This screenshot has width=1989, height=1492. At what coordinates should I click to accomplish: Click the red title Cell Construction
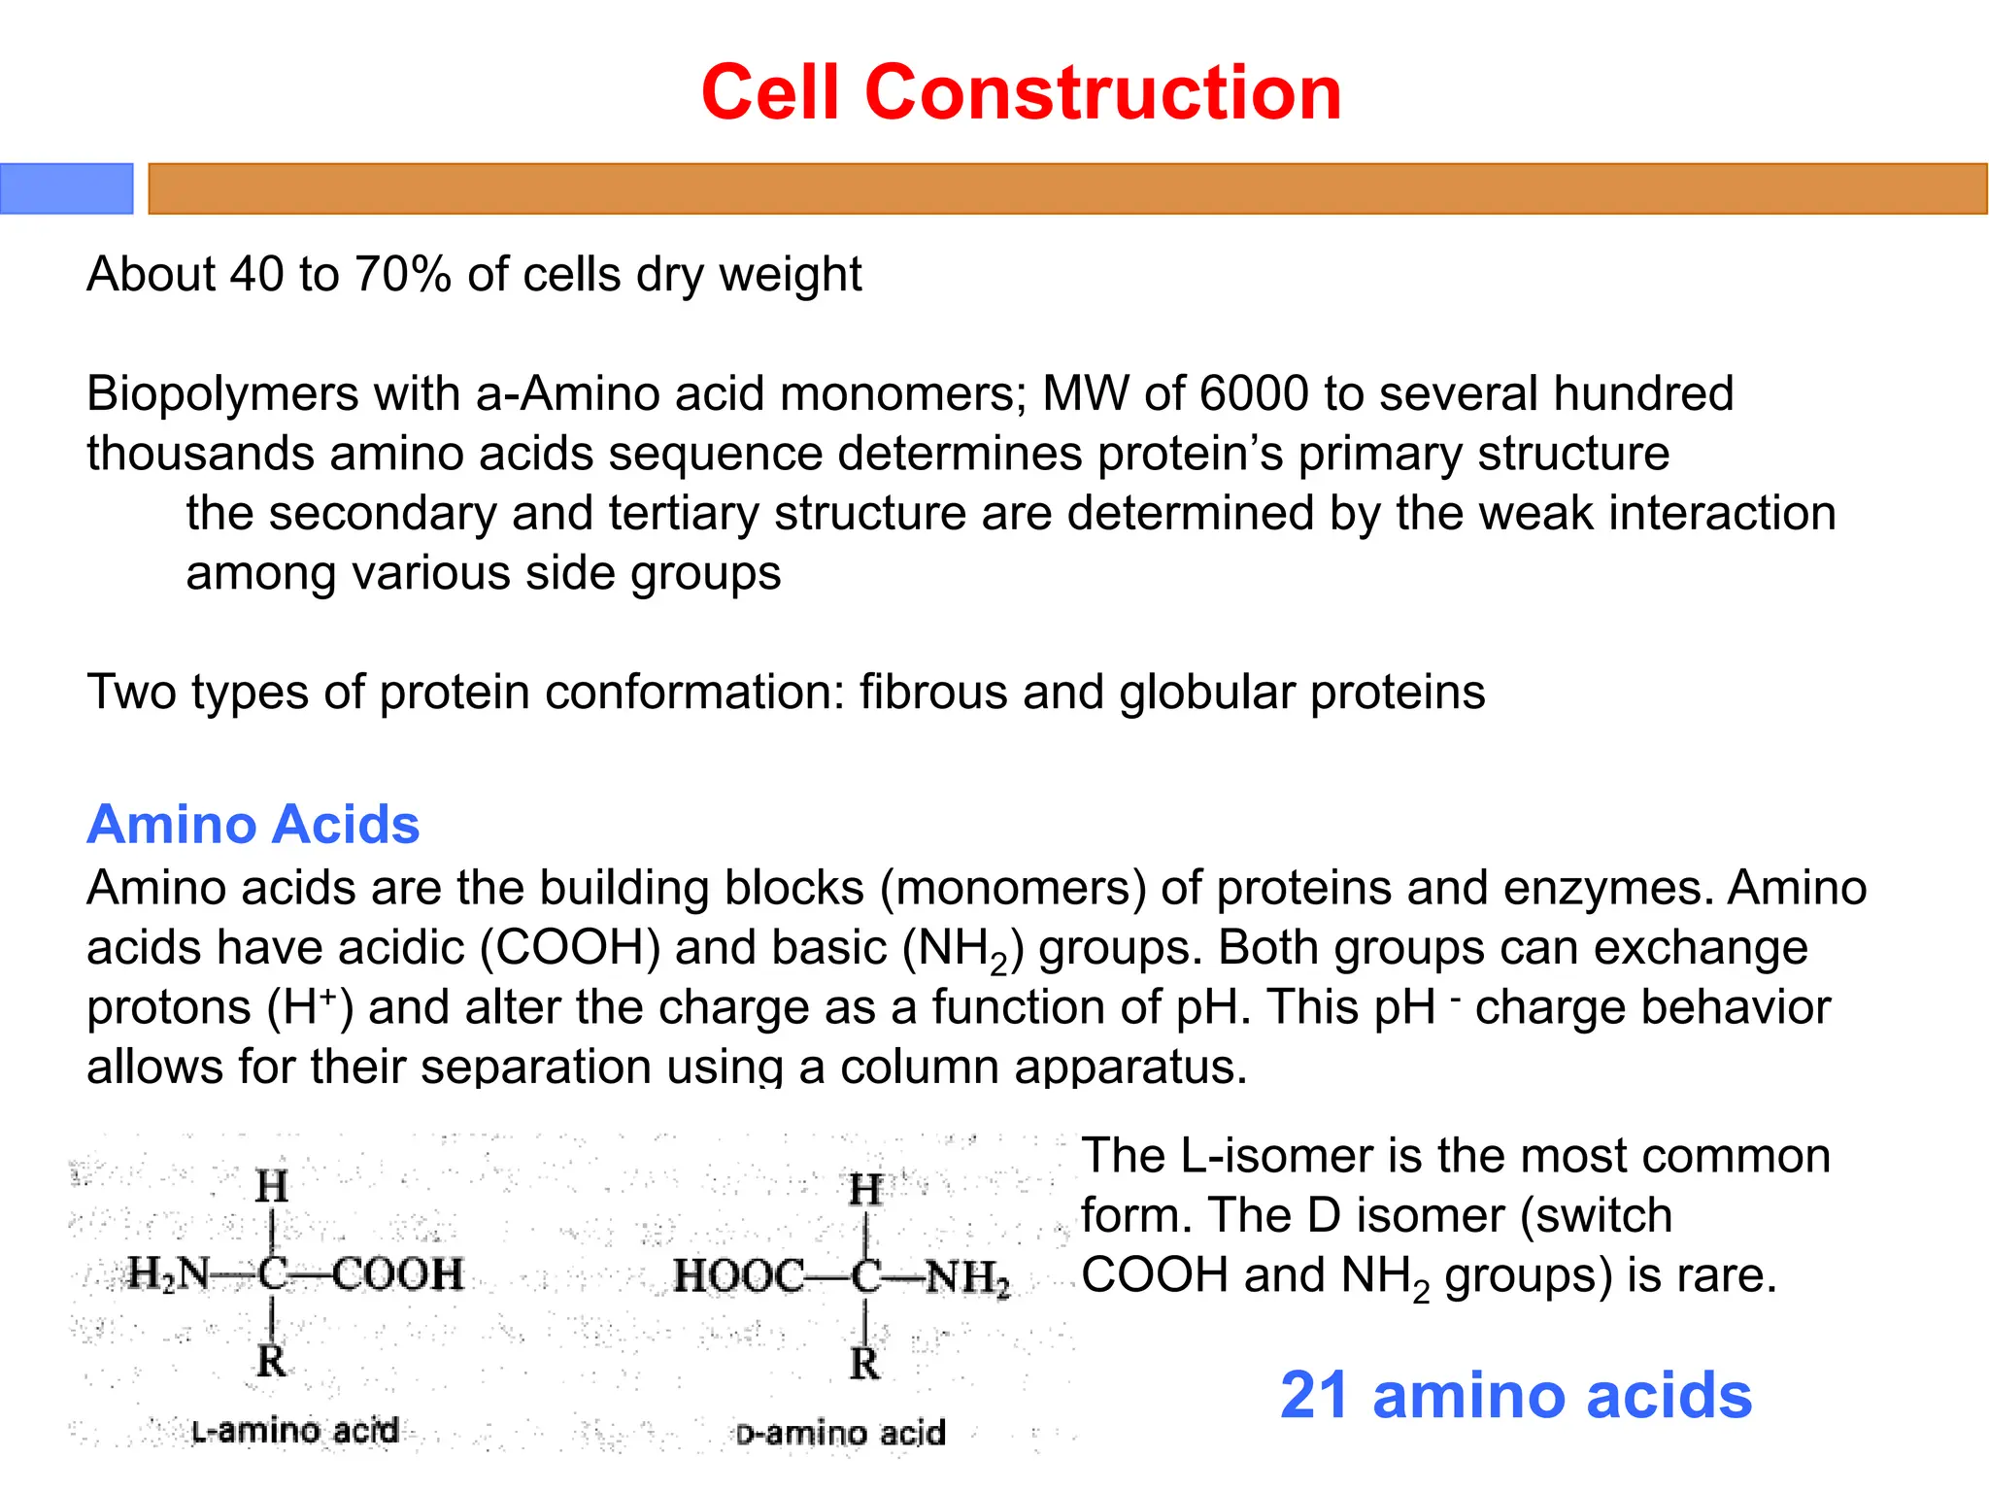(x=1021, y=92)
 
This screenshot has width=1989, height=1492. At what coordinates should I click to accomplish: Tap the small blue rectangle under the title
(x=66, y=188)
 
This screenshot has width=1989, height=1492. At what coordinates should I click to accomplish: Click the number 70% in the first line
(x=402, y=275)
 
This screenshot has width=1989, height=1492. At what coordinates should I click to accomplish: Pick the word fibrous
(x=932, y=693)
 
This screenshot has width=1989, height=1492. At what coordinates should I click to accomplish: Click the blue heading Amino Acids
(x=253, y=825)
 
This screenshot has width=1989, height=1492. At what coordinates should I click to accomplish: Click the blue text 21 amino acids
(x=1515, y=1396)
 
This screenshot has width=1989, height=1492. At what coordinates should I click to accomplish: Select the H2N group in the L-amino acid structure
(x=167, y=1274)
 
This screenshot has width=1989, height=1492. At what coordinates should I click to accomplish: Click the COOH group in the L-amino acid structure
(x=398, y=1274)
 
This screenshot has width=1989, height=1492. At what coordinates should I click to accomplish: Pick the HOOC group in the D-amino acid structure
(x=738, y=1276)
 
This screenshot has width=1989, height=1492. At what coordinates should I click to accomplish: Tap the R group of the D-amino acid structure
(x=864, y=1364)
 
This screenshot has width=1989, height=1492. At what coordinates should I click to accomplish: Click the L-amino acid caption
(x=295, y=1431)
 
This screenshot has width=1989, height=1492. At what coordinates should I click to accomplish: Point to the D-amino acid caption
(x=840, y=1434)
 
